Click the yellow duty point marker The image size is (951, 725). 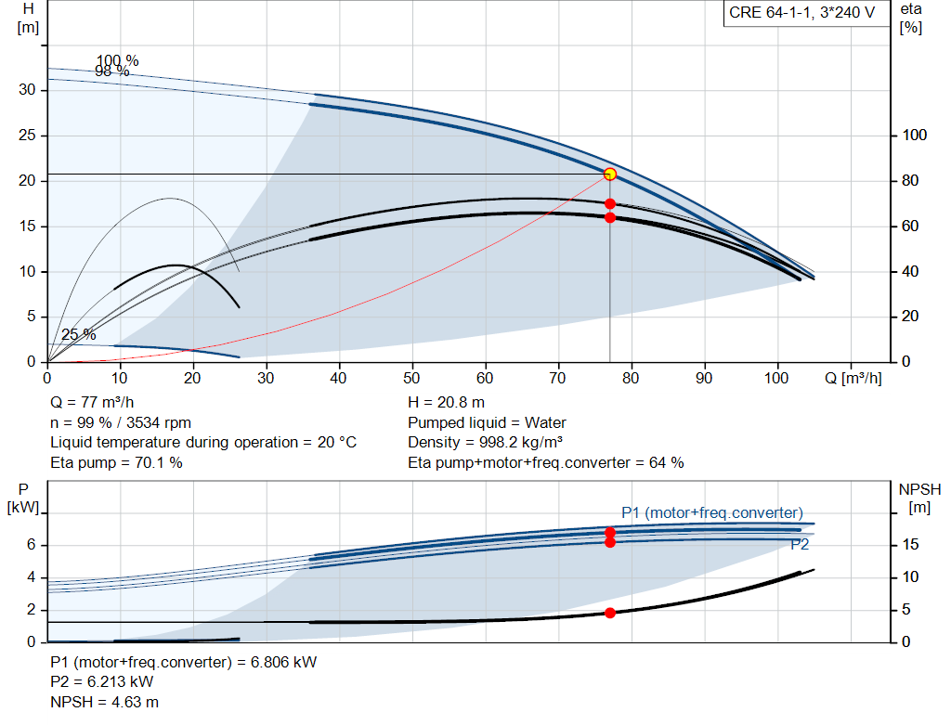610,175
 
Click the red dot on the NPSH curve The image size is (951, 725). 610,613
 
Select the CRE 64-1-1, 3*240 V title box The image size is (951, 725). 802,13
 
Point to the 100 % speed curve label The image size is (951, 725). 118,60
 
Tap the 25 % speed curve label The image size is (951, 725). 78,334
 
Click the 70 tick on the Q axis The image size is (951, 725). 557,378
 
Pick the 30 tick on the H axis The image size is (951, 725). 27,90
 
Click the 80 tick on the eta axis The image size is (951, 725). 910,181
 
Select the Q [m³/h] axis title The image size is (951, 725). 853,378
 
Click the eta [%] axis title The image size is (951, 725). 911,19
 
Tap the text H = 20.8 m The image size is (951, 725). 447,403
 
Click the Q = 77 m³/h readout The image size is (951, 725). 92,403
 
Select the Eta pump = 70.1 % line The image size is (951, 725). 116,463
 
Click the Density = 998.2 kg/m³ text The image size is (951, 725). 485,443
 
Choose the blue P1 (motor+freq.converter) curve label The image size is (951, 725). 712,512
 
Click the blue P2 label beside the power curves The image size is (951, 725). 800,544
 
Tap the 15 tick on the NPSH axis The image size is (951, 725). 910,544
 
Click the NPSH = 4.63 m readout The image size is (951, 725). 104,702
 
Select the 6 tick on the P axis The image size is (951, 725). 31,544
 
